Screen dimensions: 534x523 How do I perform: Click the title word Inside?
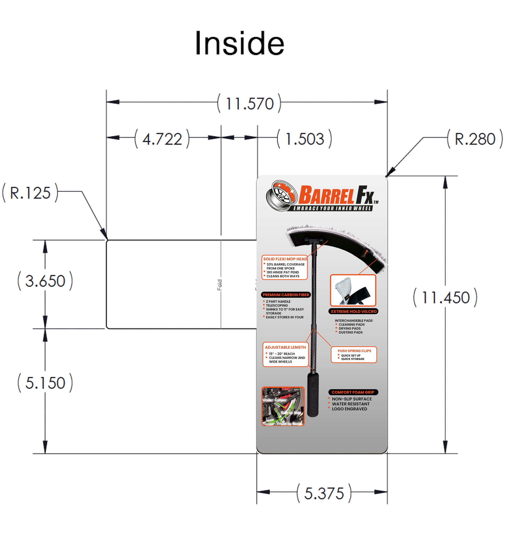pos(239,43)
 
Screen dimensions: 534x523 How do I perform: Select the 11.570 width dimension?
pos(249,104)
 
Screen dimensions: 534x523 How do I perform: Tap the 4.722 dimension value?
pos(162,139)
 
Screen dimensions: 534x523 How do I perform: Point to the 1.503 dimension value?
pos(305,139)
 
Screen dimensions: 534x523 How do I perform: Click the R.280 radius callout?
pos(475,139)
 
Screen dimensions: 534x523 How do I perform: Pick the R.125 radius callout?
pos(30,193)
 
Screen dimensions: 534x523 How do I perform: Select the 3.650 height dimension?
pos(45,280)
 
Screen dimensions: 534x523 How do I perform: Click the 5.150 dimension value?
pos(45,383)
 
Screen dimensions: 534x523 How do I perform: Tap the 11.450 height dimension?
pos(445,297)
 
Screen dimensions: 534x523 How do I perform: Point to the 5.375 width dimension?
pos(324,493)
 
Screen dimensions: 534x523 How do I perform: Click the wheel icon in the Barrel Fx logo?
pos(282,196)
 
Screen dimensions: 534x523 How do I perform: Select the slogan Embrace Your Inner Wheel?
pos(332,208)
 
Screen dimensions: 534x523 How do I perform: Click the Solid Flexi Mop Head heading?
pos(285,259)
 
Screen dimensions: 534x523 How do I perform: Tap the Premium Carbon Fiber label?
pos(286,295)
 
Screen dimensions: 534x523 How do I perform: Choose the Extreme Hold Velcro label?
pos(354,311)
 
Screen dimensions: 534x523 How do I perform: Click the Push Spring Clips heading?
pos(354,351)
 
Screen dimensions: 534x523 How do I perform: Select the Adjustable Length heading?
pos(285,347)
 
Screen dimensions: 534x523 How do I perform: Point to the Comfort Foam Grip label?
pos(353,392)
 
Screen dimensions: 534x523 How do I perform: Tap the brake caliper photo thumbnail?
pos(283,406)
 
